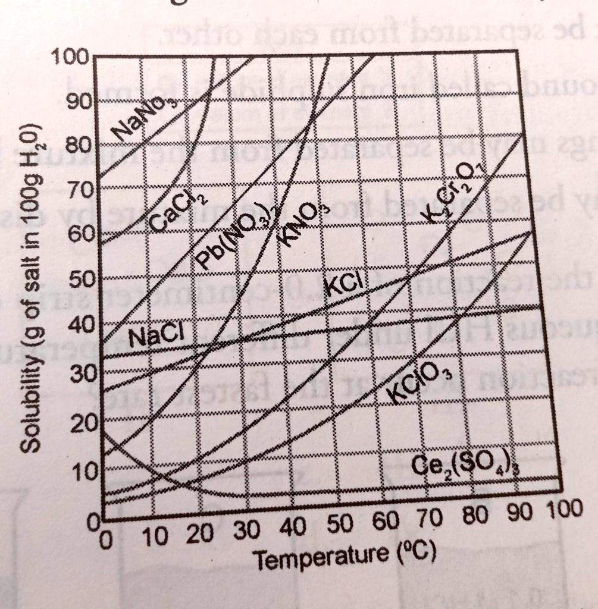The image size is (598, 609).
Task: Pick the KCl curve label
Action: coord(343,284)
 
